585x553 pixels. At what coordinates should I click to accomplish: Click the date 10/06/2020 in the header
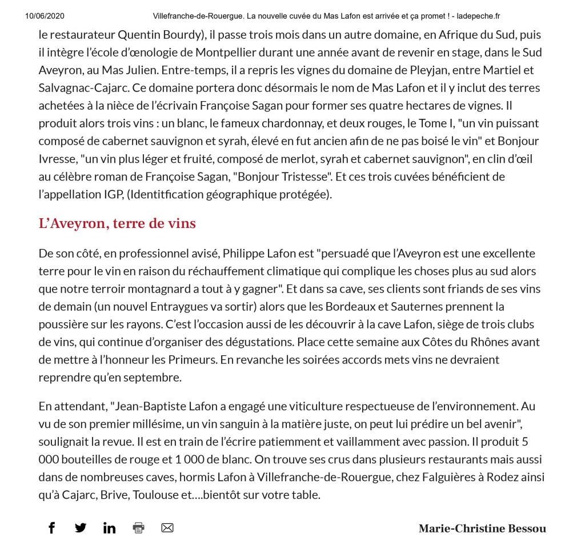[x=45, y=16]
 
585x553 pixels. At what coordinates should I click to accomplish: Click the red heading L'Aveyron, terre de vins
[x=117, y=223]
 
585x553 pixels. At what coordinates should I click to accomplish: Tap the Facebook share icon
[x=51, y=527]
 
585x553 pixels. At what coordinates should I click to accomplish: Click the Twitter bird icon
[x=81, y=527]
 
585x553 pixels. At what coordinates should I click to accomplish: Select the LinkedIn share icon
[x=109, y=528]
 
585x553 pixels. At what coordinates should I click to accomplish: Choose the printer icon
[x=138, y=528]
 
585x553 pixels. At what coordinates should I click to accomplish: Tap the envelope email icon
[x=167, y=528]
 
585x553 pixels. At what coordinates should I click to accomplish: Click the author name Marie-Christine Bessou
[x=482, y=528]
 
